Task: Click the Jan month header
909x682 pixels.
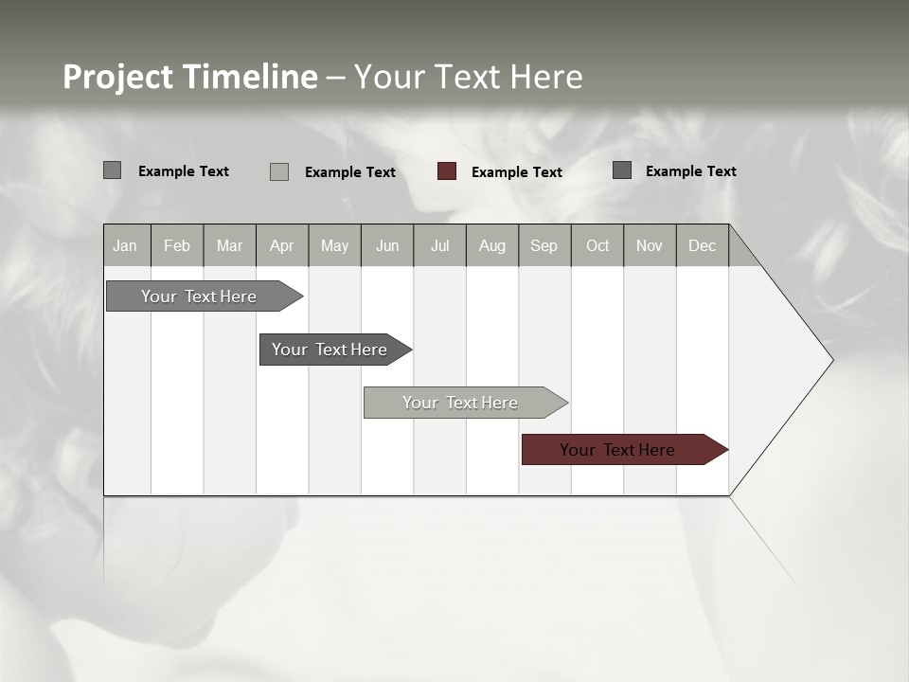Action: [126, 245]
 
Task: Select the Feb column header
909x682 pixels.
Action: [177, 245]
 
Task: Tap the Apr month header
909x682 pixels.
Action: [282, 245]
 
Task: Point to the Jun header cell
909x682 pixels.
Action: [387, 245]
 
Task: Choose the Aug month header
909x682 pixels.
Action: [492, 245]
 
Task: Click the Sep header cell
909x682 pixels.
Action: [544, 245]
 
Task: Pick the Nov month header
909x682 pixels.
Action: [650, 245]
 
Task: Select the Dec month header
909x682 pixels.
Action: [703, 245]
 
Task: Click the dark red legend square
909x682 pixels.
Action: [447, 171]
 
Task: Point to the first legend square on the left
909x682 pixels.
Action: [113, 170]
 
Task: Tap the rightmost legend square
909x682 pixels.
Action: [622, 170]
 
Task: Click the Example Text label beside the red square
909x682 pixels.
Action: [517, 172]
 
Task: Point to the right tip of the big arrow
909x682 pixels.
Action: [831, 360]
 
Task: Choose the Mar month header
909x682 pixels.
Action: [229, 245]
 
